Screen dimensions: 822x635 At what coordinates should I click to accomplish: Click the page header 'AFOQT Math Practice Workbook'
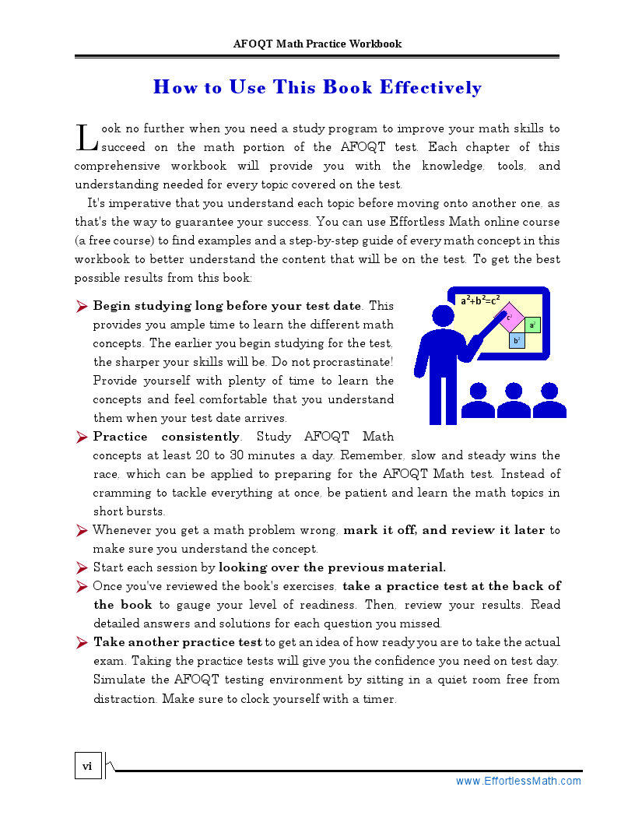point(317,44)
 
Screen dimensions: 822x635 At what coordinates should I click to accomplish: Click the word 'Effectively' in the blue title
point(430,87)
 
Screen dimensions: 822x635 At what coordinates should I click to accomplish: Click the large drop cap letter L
point(86,137)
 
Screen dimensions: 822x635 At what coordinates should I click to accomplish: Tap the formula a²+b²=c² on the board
point(479,300)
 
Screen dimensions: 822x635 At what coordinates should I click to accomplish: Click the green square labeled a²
point(532,325)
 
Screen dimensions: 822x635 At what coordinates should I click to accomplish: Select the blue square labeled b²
point(516,340)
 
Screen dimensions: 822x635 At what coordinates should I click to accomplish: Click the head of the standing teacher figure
point(443,315)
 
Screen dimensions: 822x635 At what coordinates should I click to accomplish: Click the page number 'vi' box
point(87,767)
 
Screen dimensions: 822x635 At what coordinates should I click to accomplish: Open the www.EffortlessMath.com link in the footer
point(518,781)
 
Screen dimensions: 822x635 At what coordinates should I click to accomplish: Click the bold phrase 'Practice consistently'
point(166,437)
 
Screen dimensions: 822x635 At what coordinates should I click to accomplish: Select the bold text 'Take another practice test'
point(177,642)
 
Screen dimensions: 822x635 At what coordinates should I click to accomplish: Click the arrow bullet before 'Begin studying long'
point(82,307)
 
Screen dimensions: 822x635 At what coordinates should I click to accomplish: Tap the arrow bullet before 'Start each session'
point(82,567)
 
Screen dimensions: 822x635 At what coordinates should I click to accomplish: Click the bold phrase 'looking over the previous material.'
point(332,567)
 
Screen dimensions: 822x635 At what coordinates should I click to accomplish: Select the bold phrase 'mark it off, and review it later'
point(444,530)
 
